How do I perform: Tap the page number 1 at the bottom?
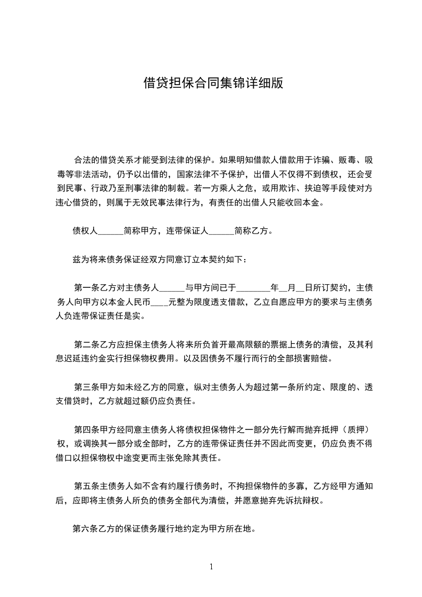pyautogui.click(x=211, y=567)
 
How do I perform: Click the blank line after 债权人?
pyautogui.click(x=111, y=231)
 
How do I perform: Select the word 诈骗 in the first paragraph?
pyautogui.click(x=322, y=159)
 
